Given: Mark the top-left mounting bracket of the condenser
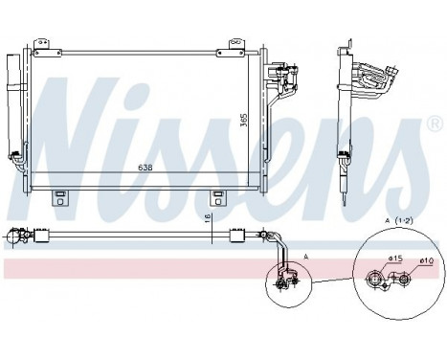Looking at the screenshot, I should [x=44, y=46].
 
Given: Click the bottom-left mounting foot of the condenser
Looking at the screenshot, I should [x=58, y=198].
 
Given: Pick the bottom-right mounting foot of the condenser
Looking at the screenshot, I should [x=216, y=198].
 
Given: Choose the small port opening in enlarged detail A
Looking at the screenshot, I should [x=405, y=280].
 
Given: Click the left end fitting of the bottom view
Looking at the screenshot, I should [x=13, y=234].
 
